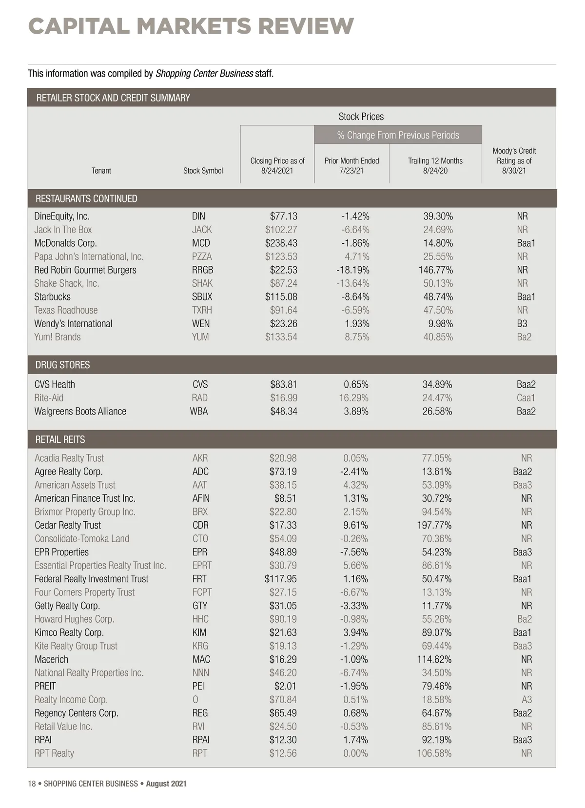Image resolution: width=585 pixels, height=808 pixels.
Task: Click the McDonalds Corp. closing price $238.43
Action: (281, 243)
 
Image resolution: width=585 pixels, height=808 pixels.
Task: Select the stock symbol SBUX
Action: (202, 296)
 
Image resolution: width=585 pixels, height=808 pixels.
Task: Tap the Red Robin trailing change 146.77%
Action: (435, 270)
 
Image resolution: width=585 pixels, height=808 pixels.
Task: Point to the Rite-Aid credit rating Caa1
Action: (526, 398)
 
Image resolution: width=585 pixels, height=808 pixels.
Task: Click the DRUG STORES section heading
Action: (62, 365)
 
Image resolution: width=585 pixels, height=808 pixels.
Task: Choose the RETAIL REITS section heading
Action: (60, 439)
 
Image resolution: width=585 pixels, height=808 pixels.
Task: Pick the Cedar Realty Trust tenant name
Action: (68, 525)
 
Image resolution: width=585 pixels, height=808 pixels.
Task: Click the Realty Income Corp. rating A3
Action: (526, 699)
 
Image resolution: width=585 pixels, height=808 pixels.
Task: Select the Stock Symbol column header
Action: (203, 171)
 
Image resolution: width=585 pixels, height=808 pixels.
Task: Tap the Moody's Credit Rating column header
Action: (514, 161)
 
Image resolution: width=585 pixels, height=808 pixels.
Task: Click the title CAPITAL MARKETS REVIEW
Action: (191, 26)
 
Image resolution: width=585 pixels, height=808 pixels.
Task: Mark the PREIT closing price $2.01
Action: (285, 686)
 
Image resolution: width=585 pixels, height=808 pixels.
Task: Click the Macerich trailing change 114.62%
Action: (434, 659)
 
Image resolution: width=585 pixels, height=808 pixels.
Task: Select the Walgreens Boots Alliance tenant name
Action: (80, 411)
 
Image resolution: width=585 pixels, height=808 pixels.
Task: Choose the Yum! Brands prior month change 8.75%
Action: (357, 337)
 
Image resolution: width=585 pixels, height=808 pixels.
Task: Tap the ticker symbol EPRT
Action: (202, 565)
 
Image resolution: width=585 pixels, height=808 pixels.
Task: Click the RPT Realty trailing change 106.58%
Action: (434, 753)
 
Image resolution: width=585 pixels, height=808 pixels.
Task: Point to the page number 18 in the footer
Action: (32, 784)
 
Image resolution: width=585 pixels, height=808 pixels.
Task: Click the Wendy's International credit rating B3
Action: (522, 323)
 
